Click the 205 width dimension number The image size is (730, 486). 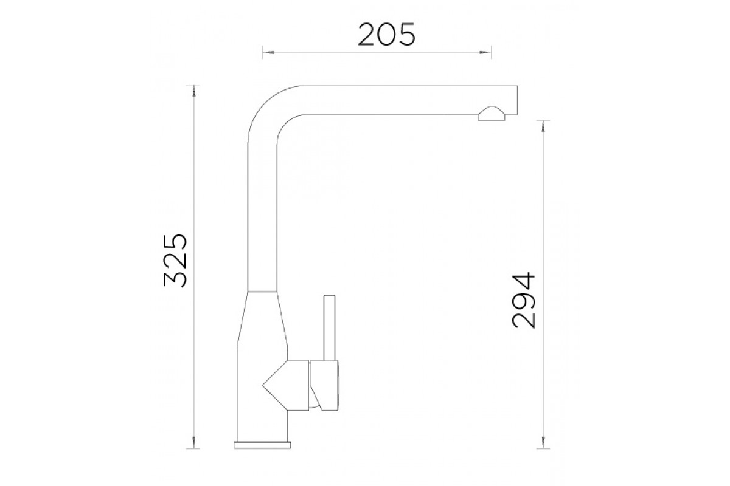pyautogui.click(x=386, y=34)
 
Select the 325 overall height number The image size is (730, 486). pyautogui.click(x=175, y=260)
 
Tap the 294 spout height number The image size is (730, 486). pyautogui.click(x=524, y=300)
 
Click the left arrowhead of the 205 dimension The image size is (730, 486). pyautogui.click(x=268, y=52)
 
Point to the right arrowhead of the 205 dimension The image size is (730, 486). pyautogui.click(x=485, y=52)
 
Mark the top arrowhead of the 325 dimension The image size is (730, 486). pyautogui.click(x=194, y=92)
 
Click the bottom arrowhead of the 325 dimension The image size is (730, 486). pyautogui.click(x=194, y=442)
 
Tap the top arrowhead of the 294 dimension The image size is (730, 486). pyautogui.click(x=543, y=126)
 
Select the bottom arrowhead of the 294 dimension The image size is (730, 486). pyautogui.click(x=543, y=442)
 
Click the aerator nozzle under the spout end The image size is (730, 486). pyautogui.click(x=491, y=114)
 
